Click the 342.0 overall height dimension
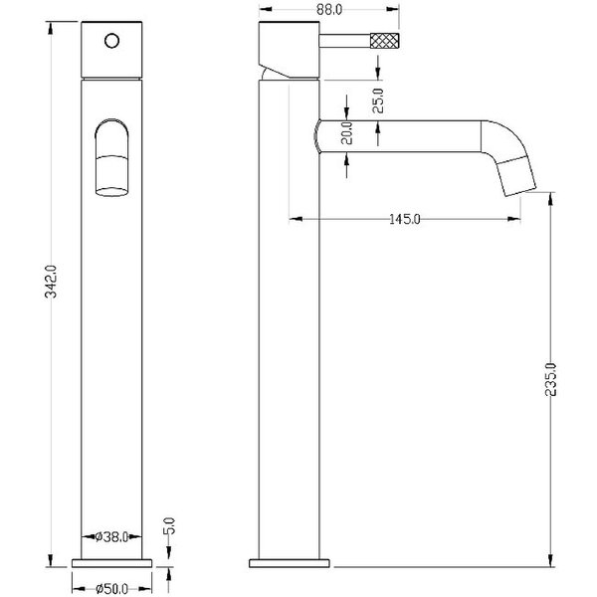(x=51, y=282)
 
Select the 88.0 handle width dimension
(x=329, y=10)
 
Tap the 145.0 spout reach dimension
(x=405, y=219)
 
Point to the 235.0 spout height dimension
(x=550, y=380)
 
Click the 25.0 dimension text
(x=378, y=100)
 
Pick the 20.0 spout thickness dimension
(x=347, y=133)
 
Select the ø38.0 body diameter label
(x=111, y=537)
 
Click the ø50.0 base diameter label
(x=111, y=589)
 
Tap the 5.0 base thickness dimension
(x=169, y=525)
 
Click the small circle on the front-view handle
(x=111, y=41)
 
